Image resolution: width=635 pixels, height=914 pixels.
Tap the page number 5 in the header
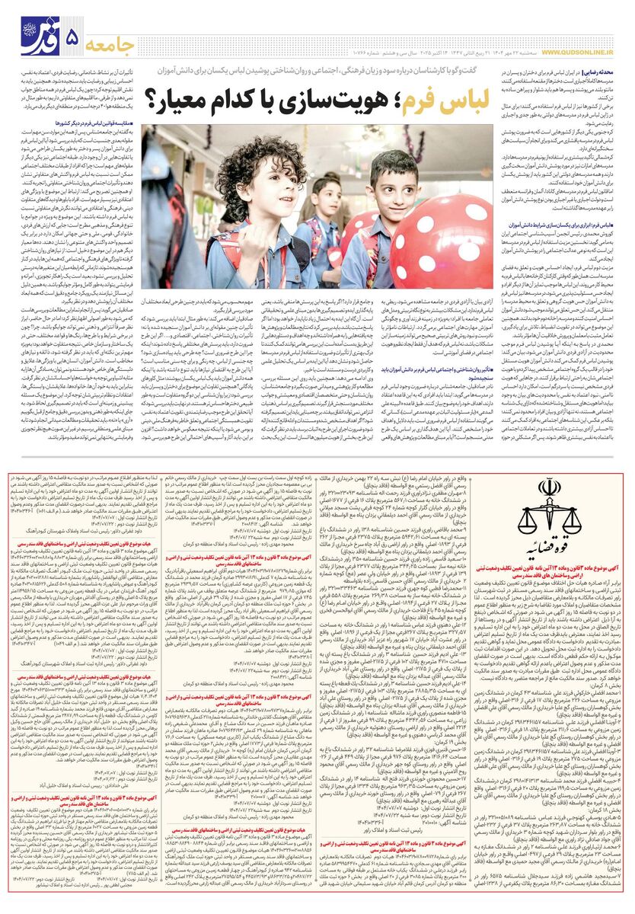[x=74, y=37]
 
